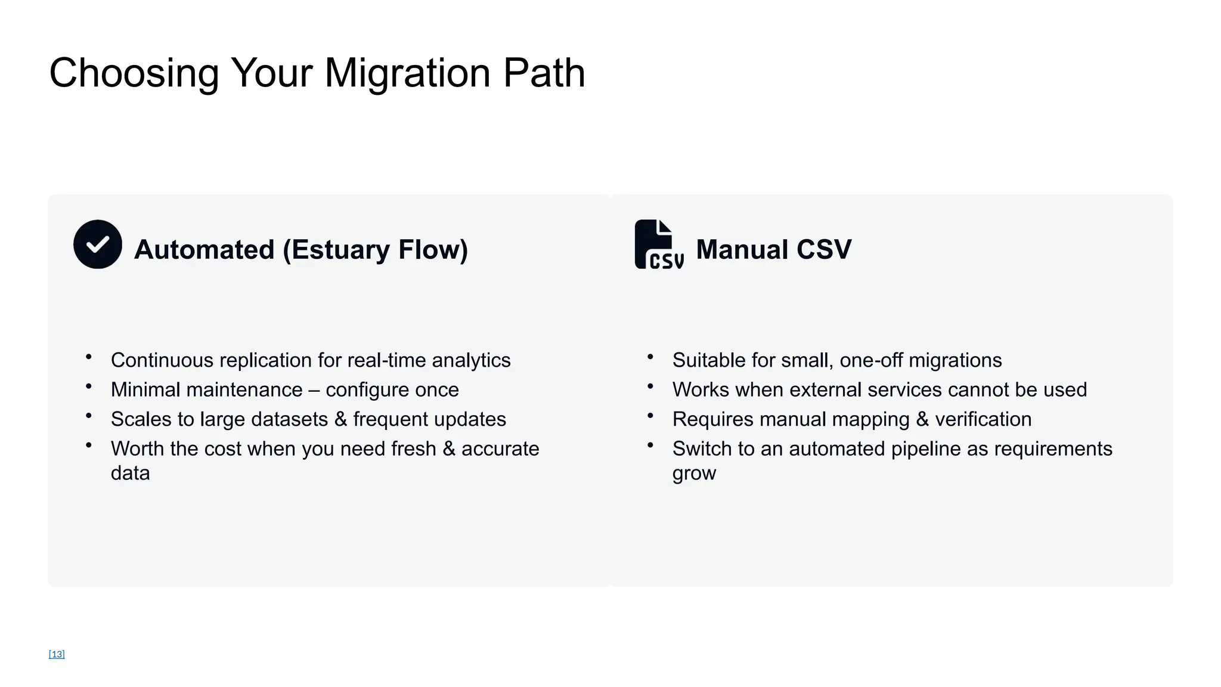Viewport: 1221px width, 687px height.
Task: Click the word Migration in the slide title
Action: click(408, 73)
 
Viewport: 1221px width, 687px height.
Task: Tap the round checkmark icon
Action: click(98, 245)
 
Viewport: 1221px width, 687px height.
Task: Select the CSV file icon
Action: click(658, 245)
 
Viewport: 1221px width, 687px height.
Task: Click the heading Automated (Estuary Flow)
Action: click(301, 249)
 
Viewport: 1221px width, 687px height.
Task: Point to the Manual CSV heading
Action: click(773, 249)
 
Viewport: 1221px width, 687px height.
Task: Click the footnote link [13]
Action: click(57, 654)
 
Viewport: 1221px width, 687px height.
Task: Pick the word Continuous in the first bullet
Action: click(162, 360)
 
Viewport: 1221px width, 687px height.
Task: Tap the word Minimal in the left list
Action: click(147, 389)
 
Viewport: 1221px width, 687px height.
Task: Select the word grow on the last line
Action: click(694, 474)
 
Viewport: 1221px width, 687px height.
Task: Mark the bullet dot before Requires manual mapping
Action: click(650, 416)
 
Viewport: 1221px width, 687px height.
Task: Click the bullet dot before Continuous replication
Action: click(89, 357)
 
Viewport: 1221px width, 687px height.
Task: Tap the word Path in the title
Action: click(544, 73)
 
